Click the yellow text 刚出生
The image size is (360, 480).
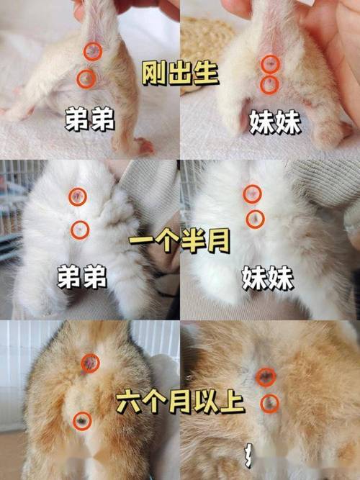point(180,72)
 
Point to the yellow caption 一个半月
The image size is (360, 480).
point(180,240)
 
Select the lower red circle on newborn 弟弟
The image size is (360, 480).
point(86,77)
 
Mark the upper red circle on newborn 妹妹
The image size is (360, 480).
point(270,63)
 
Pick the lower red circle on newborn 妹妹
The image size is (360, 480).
point(270,85)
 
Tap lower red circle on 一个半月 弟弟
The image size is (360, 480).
point(80,230)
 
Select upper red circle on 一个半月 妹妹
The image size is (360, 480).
point(252,193)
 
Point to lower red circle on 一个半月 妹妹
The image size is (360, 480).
point(254,218)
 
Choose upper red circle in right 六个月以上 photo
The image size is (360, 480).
point(265,376)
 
